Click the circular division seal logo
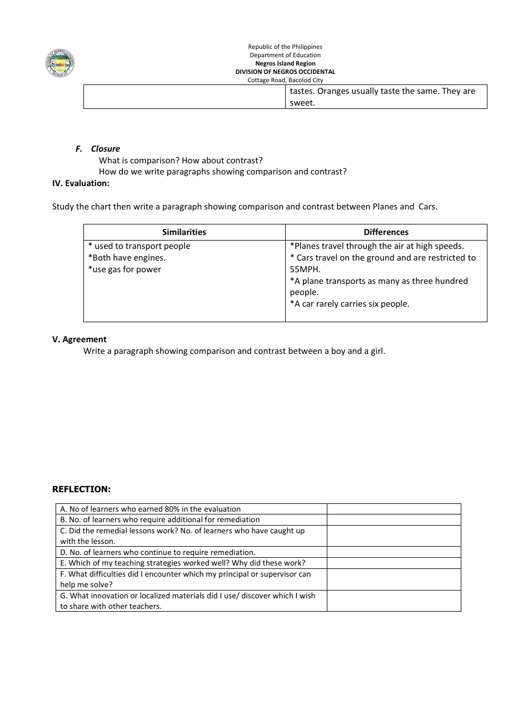click(x=60, y=63)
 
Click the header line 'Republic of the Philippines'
click(x=285, y=47)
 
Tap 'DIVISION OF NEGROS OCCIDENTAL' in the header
click(x=285, y=72)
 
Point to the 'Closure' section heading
click(x=105, y=149)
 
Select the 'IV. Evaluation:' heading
click(x=81, y=183)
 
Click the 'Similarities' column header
click(x=184, y=232)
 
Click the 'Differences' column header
click(x=386, y=232)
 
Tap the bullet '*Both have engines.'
click(x=127, y=258)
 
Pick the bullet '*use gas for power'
click(x=124, y=269)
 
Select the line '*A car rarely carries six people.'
click(x=350, y=304)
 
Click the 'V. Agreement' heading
click(x=79, y=339)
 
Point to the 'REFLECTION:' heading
click(x=81, y=489)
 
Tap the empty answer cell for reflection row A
click(x=393, y=509)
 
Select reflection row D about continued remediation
click(x=158, y=552)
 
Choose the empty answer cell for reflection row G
click(x=393, y=601)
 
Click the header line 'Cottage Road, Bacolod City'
click(x=285, y=80)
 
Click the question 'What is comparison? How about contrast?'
click(x=181, y=161)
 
